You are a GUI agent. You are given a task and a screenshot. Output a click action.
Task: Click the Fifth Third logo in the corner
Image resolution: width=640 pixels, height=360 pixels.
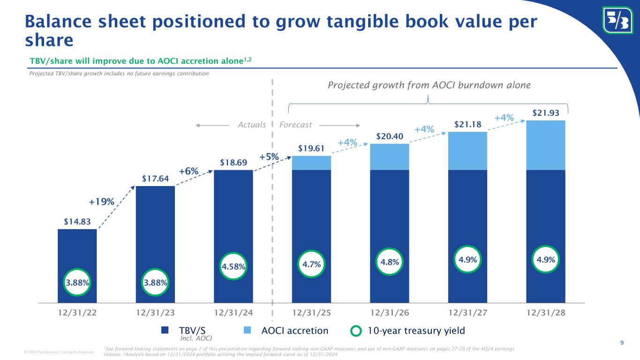tap(617, 20)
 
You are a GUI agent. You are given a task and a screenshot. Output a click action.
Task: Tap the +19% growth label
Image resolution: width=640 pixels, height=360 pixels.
tap(102, 202)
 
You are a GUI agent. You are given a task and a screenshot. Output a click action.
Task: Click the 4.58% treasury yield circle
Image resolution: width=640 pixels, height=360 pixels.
tap(233, 267)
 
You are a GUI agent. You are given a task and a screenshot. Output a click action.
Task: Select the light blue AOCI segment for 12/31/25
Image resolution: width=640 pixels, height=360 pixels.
tap(311, 163)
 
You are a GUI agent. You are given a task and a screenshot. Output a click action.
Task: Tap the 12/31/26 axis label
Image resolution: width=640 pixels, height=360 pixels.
tap(390, 312)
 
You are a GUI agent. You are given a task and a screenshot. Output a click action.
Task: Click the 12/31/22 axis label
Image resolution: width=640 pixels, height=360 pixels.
tap(77, 312)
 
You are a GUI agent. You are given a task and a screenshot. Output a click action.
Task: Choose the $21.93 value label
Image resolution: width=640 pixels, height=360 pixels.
tap(546, 113)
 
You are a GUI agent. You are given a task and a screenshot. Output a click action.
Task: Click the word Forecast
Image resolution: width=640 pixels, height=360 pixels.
tap(296, 125)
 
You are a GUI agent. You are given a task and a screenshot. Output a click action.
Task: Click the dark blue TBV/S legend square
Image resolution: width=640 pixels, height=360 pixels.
tap(165, 330)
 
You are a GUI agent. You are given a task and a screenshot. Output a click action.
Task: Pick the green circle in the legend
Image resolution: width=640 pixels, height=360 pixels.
tap(357, 331)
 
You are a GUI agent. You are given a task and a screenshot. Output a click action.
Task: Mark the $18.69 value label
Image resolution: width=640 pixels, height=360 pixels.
tap(233, 162)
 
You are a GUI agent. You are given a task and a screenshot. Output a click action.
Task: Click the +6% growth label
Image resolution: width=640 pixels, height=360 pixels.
tap(188, 172)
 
